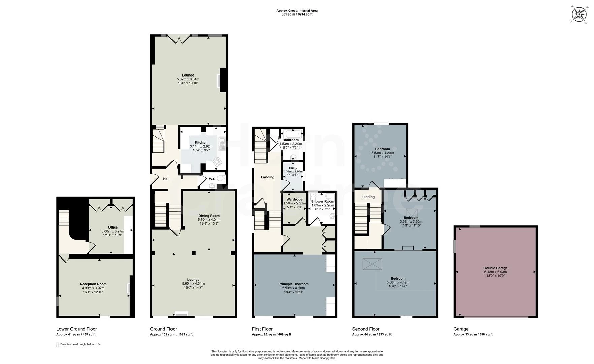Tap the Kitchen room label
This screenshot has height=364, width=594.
pyautogui.click(x=201, y=142)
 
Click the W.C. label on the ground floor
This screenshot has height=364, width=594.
pyautogui.click(x=212, y=179)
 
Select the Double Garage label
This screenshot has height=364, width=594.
pyautogui.click(x=495, y=268)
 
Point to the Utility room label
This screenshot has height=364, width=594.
pyautogui.click(x=293, y=168)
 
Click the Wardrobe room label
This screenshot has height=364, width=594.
pyautogui.click(x=294, y=199)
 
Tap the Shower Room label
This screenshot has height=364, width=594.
pyautogui.click(x=322, y=201)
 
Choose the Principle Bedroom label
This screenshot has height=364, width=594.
pyautogui.click(x=293, y=284)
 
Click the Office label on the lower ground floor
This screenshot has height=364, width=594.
pyautogui.click(x=113, y=227)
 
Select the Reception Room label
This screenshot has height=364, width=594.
pyautogui.click(x=93, y=284)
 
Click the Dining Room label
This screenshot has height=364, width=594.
pyautogui.click(x=209, y=216)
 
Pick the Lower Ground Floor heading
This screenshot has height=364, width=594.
pyautogui.click(x=76, y=329)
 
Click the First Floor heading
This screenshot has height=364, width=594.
pyautogui.click(x=262, y=329)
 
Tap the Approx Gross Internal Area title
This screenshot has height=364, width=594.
pyautogui.click(x=297, y=11)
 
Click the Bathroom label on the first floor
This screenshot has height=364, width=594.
pyautogui.click(x=290, y=140)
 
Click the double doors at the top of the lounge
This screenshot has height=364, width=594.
pyautogui.click(x=179, y=39)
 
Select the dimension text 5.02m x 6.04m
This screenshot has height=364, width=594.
pyautogui.click(x=188, y=79)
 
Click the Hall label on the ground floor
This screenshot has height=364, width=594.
pyautogui.click(x=166, y=179)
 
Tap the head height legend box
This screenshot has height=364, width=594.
pyautogui.click(x=57, y=345)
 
